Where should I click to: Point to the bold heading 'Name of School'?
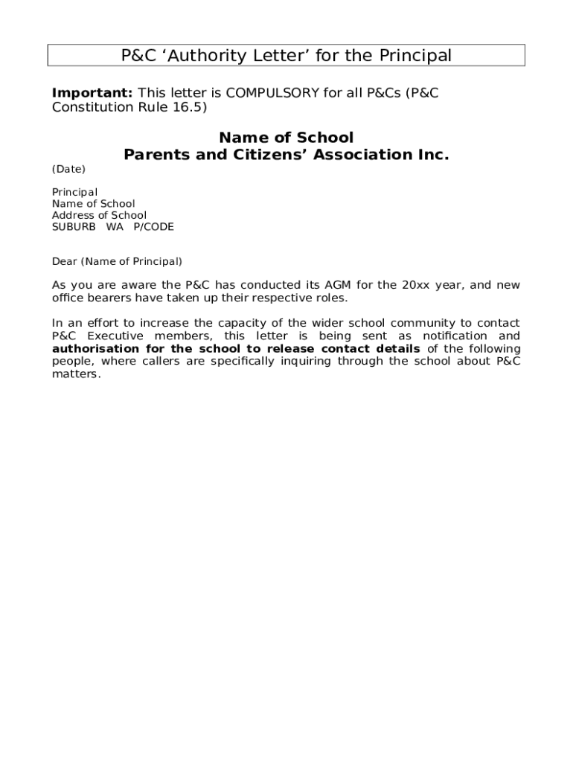point(286,138)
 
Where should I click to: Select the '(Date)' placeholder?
point(68,169)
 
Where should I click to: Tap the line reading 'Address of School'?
point(99,215)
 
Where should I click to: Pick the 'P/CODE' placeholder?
point(153,227)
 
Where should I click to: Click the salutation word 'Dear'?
point(64,261)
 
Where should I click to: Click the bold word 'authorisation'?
point(95,349)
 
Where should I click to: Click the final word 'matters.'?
point(76,374)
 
